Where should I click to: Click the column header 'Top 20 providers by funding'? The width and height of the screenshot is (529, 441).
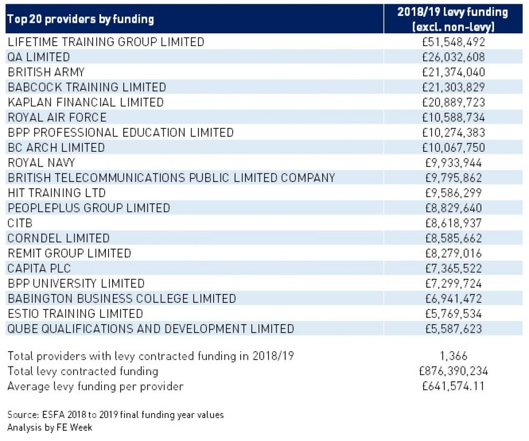(x=80, y=20)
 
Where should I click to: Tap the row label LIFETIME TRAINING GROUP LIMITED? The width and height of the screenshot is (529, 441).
(x=106, y=42)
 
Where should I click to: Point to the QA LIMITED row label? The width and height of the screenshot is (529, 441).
(x=39, y=57)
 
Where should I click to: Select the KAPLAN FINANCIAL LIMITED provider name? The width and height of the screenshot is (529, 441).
(x=86, y=102)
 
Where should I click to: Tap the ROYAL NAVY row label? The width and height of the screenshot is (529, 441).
(x=41, y=162)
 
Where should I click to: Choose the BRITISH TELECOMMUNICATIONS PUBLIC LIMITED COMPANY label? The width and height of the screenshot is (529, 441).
(x=171, y=178)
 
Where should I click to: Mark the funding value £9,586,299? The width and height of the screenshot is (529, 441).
(x=455, y=193)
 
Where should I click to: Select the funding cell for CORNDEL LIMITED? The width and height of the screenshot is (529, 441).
(x=455, y=238)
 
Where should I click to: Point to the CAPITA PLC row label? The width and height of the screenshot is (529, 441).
(x=39, y=269)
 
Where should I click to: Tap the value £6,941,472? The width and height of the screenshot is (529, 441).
(x=455, y=299)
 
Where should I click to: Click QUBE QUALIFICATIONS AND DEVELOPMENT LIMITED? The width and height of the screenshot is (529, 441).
(x=150, y=329)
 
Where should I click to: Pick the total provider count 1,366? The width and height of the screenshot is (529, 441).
(x=453, y=356)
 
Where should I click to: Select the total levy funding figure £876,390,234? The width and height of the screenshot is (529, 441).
(x=453, y=371)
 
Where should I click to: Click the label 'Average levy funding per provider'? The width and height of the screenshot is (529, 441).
(x=95, y=387)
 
